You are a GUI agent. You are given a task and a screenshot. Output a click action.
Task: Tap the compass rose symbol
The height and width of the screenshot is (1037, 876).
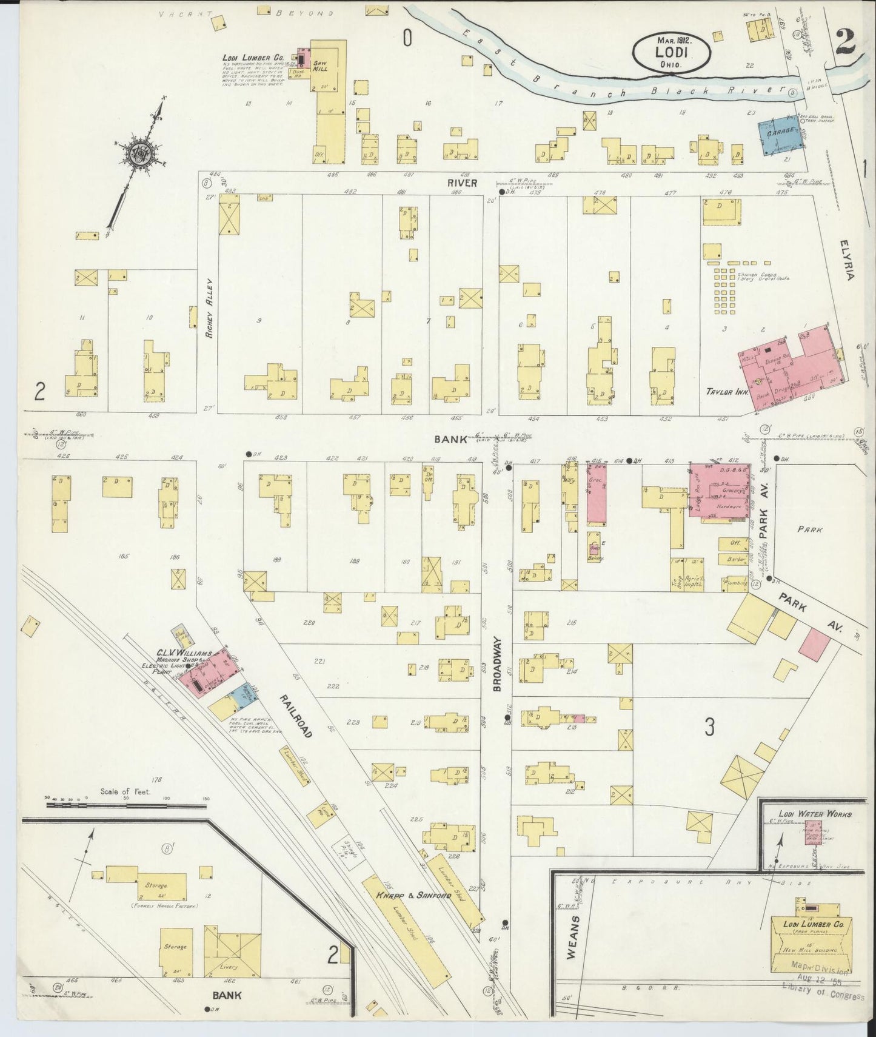(x=139, y=153)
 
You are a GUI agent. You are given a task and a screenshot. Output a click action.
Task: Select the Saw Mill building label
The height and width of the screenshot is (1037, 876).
(x=320, y=67)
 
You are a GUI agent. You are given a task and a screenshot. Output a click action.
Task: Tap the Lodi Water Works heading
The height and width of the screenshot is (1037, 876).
(x=815, y=814)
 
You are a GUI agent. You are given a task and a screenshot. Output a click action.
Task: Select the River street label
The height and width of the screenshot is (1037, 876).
(x=463, y=183)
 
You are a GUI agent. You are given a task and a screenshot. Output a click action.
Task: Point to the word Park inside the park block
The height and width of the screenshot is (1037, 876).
(x=810, y=529)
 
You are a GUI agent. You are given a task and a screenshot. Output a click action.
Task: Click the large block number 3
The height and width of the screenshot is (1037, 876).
(x=710, y=726)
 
